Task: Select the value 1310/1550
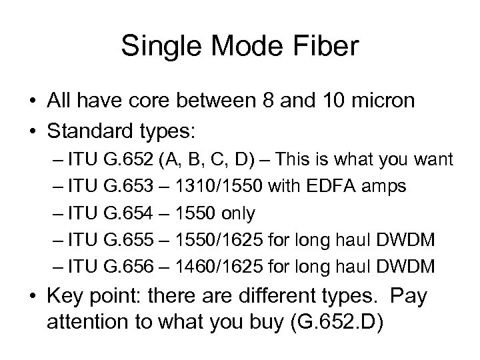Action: (209, 187)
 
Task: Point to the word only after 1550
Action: (233, 213)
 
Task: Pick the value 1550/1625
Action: (209, 240)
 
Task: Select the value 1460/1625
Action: (209, 267)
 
